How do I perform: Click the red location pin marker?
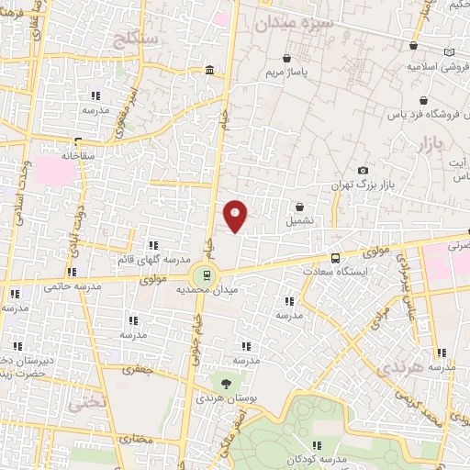point(236,215)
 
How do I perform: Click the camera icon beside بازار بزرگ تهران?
point(364,170)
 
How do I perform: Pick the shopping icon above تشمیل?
point(300,207)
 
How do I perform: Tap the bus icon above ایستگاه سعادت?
point(334,258)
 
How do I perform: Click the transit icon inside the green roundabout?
point(207,273)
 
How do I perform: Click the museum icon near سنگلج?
point(211,70)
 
